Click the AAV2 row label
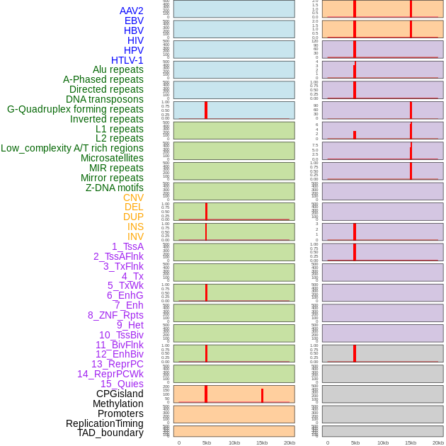(131, 11)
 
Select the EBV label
(134, 21)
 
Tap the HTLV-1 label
(127, 60)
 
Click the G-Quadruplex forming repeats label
(75, 109)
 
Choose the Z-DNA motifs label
(114, 188)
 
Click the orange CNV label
(133, 198)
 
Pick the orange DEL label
(134, 207)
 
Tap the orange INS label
(135, 227)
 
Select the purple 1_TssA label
(127, 246)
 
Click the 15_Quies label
(122, 384)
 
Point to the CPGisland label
(120, 394)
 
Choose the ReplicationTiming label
(104, 423)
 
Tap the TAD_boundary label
(110, 433)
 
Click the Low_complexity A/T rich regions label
(72, 148)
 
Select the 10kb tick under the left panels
(234, 442)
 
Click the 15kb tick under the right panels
(411, 442)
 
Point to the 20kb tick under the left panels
(290, 442)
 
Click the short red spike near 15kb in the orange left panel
(262, 396)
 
